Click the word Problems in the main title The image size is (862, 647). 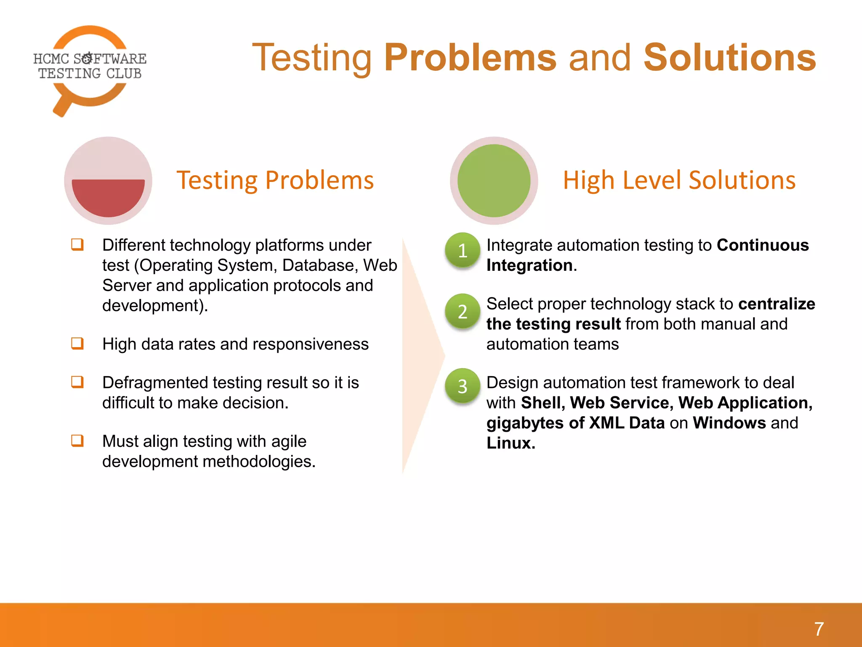pyautogui.click(x=470, y=58)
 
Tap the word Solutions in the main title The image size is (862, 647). pyautogui.click(x=730, y=58)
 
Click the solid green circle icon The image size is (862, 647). pyautogui.click(x=494, y=181)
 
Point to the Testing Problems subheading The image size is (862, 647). pyautogui.click(x=275, y=180)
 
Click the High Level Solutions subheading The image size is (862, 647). pyautogui.click(x=679, y=180)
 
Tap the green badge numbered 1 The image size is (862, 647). pyautogui.click(x=463, y=250)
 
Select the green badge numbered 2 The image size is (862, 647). pyautogui.click(x=463, y=311)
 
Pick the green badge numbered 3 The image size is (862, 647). pyautogui.click(x=463, y=386)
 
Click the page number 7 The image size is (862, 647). pyautogui.click(x=819, y=629)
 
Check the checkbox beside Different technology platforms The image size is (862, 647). pyautogui.click(x=77, y=244)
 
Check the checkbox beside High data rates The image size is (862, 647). pyautogui.click(x=77, y=343)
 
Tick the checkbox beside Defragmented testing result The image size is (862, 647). pyautogui.click(x=77, y=382)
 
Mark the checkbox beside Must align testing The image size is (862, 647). pyautogui.click(x=77, y=441)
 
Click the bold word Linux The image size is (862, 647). pyautogui.click(x=510, y=443)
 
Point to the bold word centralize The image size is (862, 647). pyautogui.click(x=777, y=304)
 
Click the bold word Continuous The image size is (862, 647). pyautogui.click(x=763, y=245)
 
